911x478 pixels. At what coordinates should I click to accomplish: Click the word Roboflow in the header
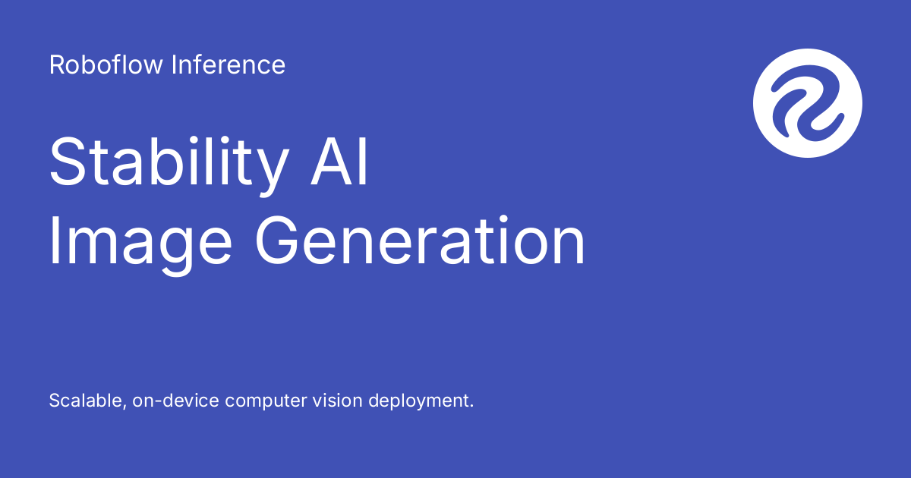click(x=107, y=65)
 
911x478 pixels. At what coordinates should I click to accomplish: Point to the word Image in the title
click(x=141, y=243)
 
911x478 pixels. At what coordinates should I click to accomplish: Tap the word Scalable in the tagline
click(x=84, y=401)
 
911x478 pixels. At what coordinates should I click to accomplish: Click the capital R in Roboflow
click(x=56, y=65)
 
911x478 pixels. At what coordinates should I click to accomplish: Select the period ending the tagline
click(x=471, y=406)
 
